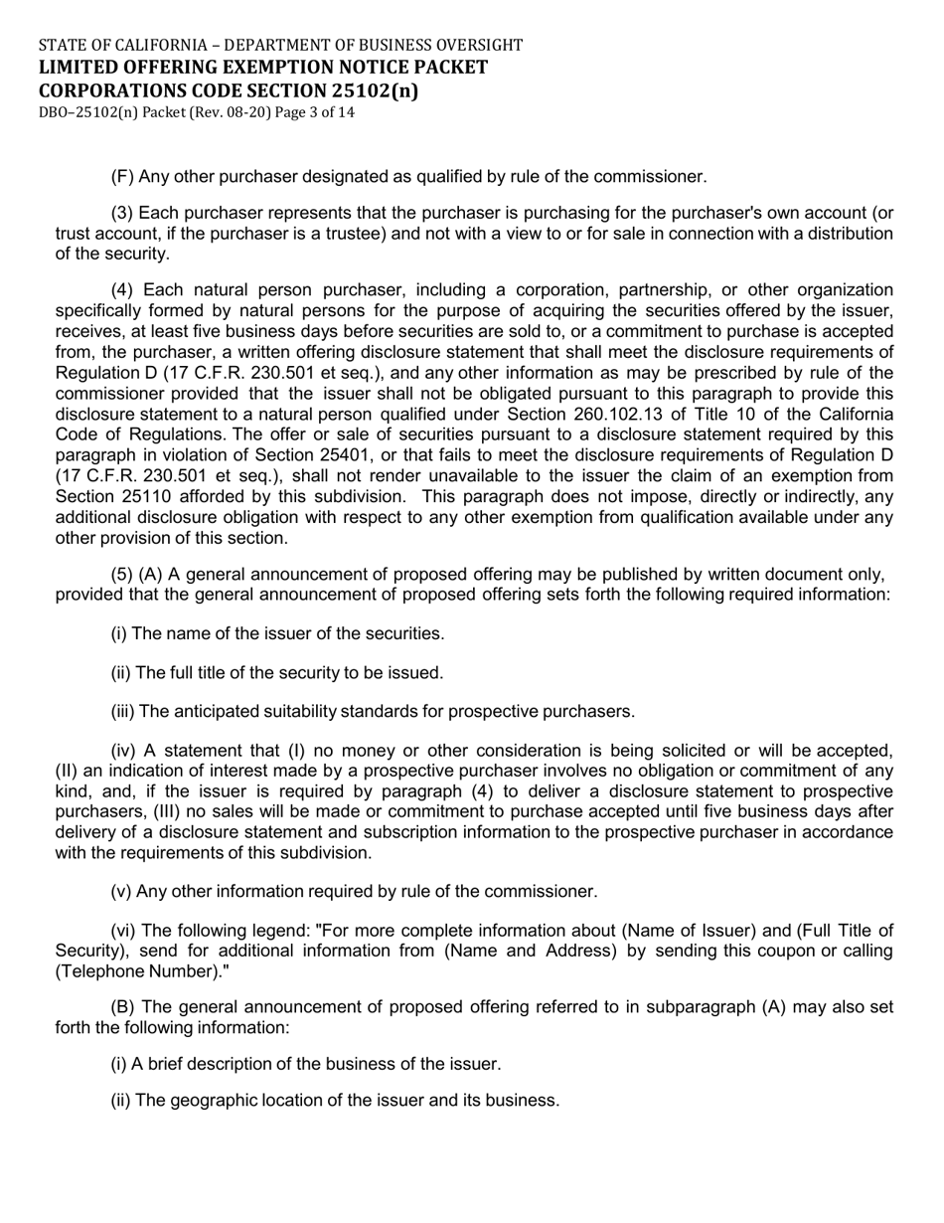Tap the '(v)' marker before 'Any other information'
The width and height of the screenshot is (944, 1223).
[120, 891]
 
